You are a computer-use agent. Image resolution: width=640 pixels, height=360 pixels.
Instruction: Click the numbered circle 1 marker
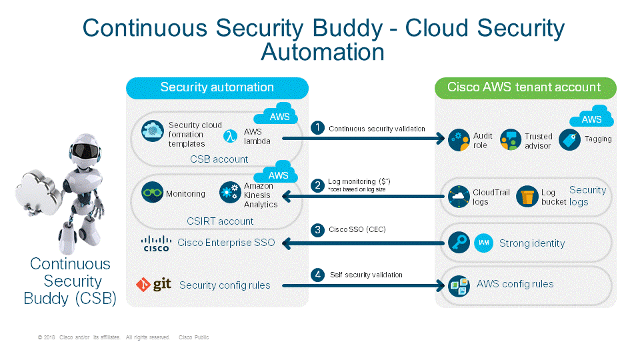tap(319, 127)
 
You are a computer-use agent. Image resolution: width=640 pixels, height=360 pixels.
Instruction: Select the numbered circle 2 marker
tap(319, 185)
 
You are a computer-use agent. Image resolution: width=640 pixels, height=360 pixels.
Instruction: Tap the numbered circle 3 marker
tap(319, 230)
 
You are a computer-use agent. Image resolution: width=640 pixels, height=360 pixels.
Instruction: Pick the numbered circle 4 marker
tap(319, 274)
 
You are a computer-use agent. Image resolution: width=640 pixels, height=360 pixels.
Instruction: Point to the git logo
tap(153, 285)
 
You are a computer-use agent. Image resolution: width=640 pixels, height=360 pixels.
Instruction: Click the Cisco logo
tap(157, 243)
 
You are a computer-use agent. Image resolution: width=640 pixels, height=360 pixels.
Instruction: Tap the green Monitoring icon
tap(153, 193)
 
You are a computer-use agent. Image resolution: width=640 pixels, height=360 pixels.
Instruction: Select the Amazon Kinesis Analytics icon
tap(229, 194)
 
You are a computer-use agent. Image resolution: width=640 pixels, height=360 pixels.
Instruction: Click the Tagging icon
tap(569, 139)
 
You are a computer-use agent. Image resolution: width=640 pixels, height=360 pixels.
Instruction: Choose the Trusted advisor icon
tap(510, 140)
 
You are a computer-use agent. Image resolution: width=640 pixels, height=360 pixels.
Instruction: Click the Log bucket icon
tap(527, 196)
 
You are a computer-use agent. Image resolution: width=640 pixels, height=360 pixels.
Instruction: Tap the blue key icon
tap(459, 243)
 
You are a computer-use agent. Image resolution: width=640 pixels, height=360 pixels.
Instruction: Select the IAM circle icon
tap(484, 243)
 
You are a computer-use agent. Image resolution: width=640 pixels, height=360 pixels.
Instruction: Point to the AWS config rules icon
tap(459, 285)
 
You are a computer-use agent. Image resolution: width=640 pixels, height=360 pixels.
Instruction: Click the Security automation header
tap(217, 87)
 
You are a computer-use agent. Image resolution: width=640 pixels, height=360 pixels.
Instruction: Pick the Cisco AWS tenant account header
tap(524, 87)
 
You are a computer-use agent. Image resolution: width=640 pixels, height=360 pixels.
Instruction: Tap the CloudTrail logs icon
tap(459, 196)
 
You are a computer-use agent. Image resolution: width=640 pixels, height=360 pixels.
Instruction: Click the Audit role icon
tap(459, 140)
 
